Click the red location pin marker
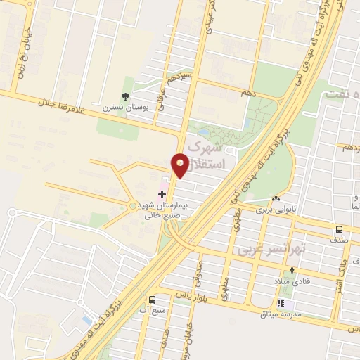[x=180, y=165]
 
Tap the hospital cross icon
[x=162, y=193]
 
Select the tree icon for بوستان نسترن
[x=126, y=96]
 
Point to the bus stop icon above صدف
[x=340, y=229]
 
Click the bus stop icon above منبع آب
[x=153, y=299]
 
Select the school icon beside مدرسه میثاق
[x=281, y=304]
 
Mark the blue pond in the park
[x=203, y=131]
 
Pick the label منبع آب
[x=153, y=309]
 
